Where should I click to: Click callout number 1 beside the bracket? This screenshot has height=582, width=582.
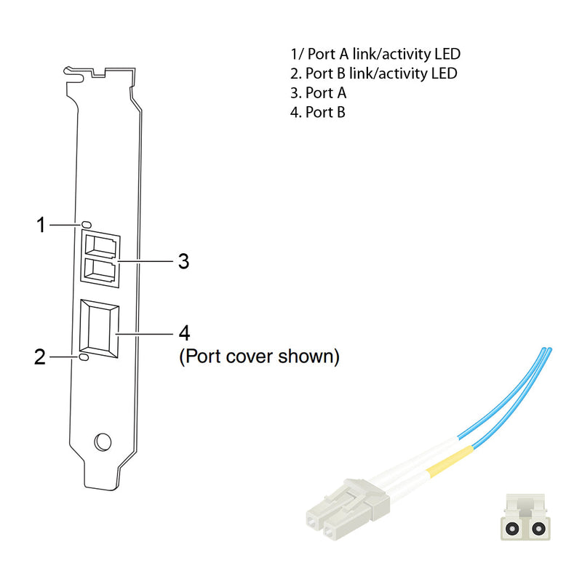[x=41, y=225]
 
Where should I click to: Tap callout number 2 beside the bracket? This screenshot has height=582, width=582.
[x=41, y=356]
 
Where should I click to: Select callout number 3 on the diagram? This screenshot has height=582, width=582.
[x=183, y=260]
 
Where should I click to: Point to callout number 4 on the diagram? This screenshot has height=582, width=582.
[x=184, y=333]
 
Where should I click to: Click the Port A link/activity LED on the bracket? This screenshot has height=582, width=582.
[x=87, y=224]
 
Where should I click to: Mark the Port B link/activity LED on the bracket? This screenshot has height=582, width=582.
[x=84, y=357]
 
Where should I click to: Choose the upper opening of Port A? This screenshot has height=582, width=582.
[x=99, y=247]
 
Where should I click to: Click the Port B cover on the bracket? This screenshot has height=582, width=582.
[x=99, y=329]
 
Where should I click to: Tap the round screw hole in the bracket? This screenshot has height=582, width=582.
[x=103, y=441]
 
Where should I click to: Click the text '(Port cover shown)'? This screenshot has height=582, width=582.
[x=259, y=357]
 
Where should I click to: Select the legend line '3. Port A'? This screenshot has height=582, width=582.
[x=319, y=93]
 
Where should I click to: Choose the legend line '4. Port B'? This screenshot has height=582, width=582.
[x=318, y=112]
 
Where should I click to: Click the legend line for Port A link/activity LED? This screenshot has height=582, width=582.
[x=375, y=54]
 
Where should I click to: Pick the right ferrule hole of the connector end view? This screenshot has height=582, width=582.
[x=538, y=528]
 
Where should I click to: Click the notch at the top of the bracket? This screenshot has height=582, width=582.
[x=98, y=73]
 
